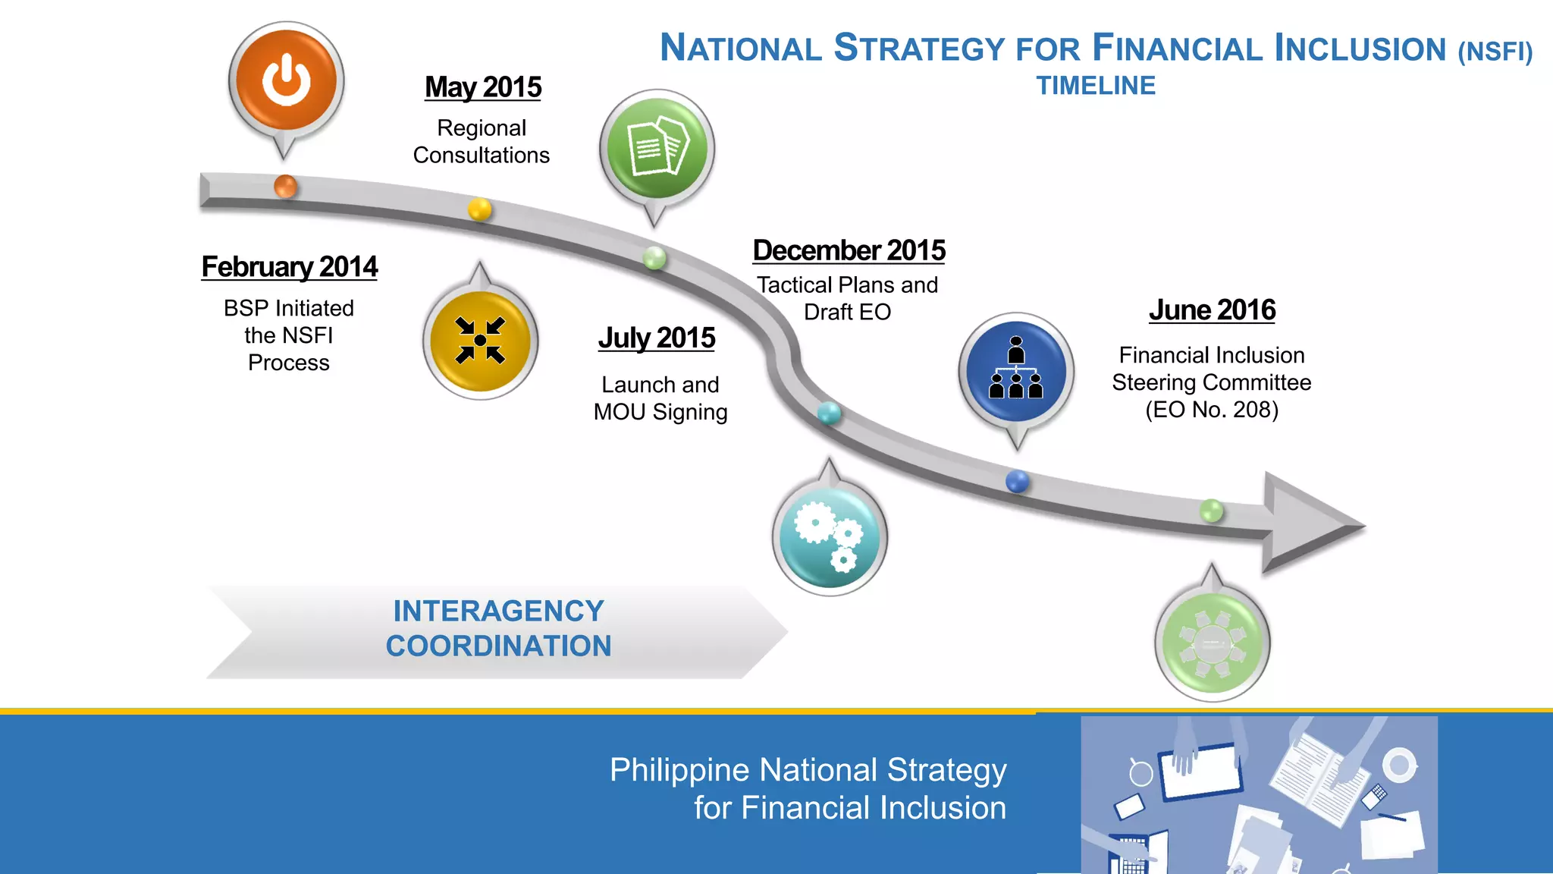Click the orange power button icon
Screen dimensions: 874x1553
click(286, 80)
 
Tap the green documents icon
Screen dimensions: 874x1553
click(657, 148)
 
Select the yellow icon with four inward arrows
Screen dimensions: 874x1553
click(480, 341)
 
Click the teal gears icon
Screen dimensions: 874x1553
click(830, 537)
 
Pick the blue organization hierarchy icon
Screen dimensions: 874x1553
click(1016, 370)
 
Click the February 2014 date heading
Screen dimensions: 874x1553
click(289, 267)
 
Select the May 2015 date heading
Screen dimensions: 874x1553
click(483, 87)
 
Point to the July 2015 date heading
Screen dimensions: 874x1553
click(657, 338)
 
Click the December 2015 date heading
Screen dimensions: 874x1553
click(849, 250)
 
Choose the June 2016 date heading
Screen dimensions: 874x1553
click(1212, 310)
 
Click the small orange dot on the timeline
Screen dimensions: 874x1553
click(285, 186)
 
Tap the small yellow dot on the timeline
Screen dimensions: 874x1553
click(479, 209)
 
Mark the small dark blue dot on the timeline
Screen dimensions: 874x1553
click(1017, 481)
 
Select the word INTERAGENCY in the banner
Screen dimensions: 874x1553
click(498, 611)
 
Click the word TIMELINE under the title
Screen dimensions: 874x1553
click(1096, 86)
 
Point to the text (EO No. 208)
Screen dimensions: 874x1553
click(1212, 410)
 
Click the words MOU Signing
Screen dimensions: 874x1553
click(660, 412)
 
